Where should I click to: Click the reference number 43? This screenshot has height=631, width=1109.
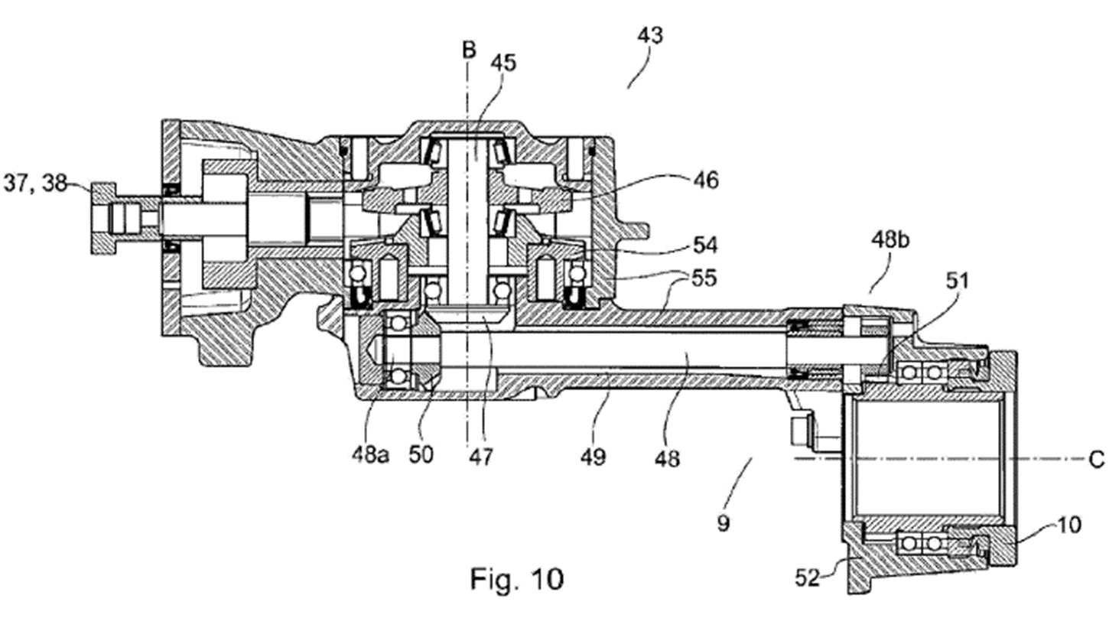tap(650, 36)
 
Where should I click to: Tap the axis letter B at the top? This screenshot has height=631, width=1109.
tap(468, 50)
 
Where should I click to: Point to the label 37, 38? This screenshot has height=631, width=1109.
tap(34, 184)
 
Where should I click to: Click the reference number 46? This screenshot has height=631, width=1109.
tap(705, 181)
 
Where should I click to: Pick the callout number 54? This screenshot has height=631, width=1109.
tap(704, 246)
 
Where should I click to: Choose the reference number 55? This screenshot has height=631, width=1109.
tap(703, 278)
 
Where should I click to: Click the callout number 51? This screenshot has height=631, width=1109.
tap(957, 281)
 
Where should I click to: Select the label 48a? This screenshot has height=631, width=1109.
tap(370, 454)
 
